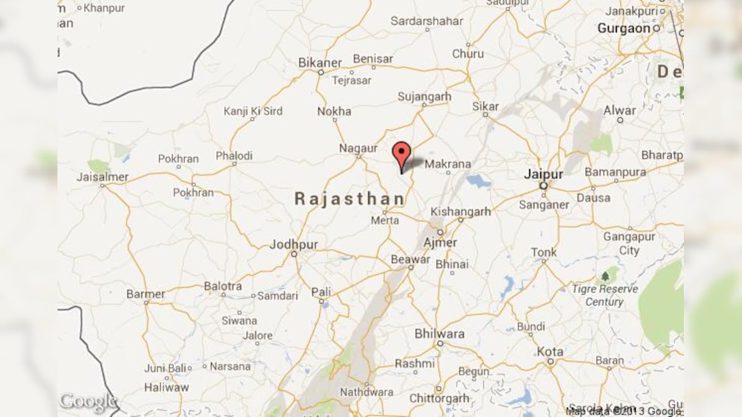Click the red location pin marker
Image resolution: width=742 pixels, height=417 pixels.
pos(402,154)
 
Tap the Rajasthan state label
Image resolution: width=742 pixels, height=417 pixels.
pos(349,199)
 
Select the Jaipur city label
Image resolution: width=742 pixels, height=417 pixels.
pos(544,174)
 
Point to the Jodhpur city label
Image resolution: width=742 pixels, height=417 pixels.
pos(294,245)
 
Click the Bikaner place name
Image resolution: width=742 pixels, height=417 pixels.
pos(320,62)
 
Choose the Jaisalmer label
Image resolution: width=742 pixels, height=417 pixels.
pos(103,177)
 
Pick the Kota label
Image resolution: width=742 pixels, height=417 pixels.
pos(550,352)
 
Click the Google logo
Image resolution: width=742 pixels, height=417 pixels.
pos(88,402)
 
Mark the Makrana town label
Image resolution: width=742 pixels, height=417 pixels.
pos(448,164)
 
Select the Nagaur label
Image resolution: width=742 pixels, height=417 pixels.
pos(358,148)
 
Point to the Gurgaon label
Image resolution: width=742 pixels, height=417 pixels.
pos(624,28)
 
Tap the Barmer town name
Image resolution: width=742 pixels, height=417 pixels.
pos(146,294)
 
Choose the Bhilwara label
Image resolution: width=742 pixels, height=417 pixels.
pos(440,334)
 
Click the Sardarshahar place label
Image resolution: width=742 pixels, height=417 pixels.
pos(427,21)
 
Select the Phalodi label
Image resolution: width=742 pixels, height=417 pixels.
pos(234,156)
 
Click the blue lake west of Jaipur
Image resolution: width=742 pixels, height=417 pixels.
pos(478,181)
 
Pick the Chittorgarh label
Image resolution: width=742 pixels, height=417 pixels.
pos(440,398)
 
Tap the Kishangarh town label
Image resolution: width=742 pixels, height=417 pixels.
pos(461,211)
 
